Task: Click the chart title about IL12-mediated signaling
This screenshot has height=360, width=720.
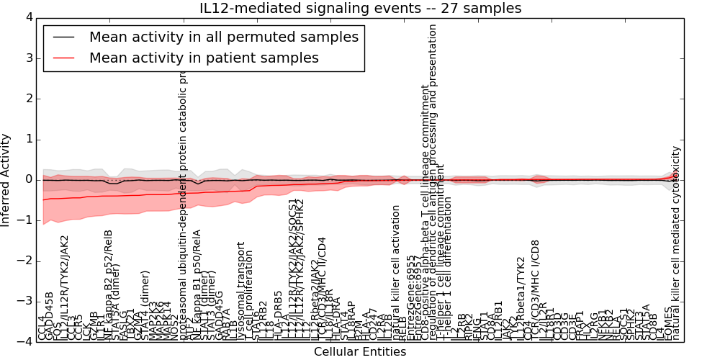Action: click(x=360, y=8)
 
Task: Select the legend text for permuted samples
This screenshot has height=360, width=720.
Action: click(x=223, y=37)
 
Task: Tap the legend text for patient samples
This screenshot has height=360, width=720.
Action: click(x=204, y=58)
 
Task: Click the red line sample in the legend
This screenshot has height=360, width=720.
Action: click(x=63, y=58)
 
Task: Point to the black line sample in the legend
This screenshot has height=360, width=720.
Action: click(x=63, y=37)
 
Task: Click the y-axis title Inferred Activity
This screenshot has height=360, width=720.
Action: click(x=6, y=179)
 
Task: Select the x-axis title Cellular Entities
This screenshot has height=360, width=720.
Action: click(x=360, y=351)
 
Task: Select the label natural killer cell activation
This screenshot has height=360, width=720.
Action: click(x=396, y=274)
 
